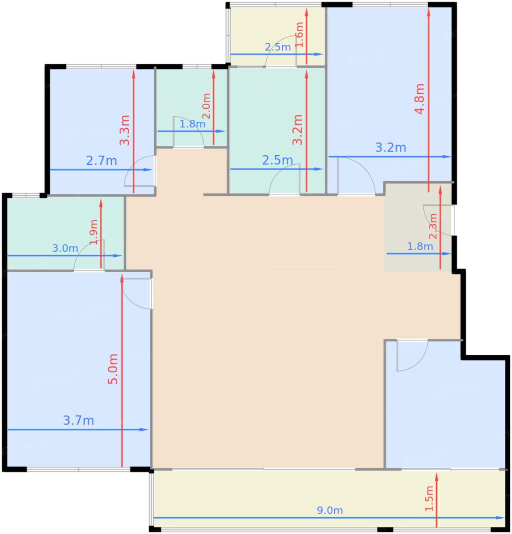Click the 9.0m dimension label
329,510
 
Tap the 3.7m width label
78,420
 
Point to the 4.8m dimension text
420,99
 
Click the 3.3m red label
125,130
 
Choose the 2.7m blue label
101,161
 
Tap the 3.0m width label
65,248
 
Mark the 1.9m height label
94,232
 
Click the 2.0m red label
206,106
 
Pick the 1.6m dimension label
300,35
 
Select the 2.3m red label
433,226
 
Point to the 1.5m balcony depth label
429,499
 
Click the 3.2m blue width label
390,148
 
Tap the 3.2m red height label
297,130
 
